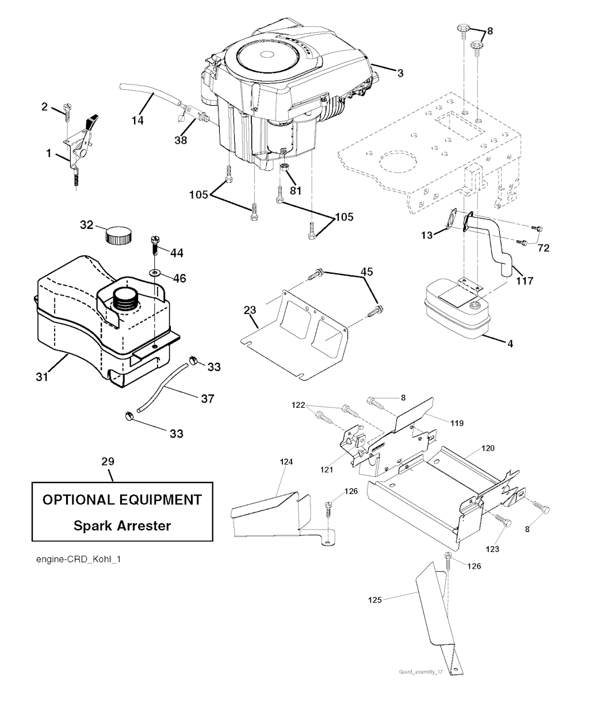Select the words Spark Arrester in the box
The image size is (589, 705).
[122, 525]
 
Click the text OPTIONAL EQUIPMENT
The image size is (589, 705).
[122, 499]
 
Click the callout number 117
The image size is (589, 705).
[525, 281]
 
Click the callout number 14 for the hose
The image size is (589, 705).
[137, 120]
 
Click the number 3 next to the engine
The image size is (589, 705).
[400, 73]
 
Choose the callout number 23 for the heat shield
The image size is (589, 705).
[250, 311]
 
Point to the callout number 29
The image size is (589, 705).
[108, 461]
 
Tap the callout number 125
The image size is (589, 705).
[375, 600]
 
